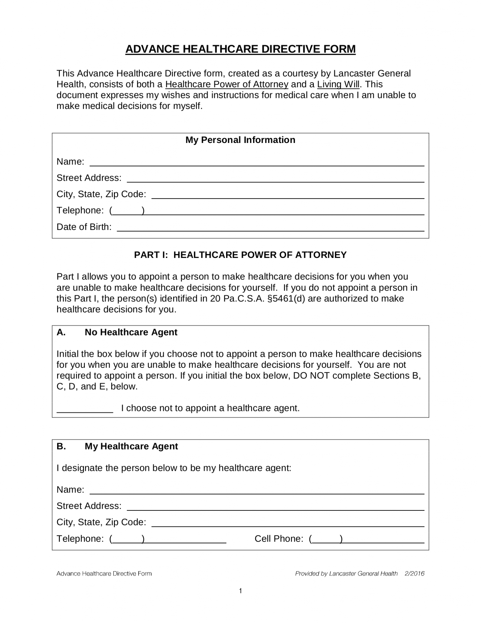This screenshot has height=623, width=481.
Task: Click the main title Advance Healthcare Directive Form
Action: point(240,49)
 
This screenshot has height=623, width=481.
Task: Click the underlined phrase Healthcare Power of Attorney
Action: point(227,84)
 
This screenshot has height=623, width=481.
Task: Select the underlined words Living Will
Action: point(338,84)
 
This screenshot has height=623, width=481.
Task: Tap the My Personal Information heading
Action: point(240,140)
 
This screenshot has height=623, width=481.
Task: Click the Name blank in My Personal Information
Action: point(257,162)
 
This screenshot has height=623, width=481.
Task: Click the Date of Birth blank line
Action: point(270,228)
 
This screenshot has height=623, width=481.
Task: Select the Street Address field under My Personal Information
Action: point(275,179)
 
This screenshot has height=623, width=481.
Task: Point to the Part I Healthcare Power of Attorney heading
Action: point(240,255)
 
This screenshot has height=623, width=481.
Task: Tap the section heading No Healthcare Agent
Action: point(131,332)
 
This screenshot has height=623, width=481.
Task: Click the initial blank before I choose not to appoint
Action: point(85,409)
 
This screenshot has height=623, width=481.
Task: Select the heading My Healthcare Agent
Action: point(131,446)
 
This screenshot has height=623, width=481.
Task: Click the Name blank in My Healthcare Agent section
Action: point(257,490)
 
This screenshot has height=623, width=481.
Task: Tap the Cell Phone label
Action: point(279,539)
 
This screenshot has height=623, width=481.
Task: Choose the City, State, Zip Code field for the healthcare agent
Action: point(287,523)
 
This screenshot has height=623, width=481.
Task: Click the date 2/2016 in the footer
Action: point(414,574)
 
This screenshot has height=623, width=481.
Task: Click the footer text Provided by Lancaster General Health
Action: point(346,574)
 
